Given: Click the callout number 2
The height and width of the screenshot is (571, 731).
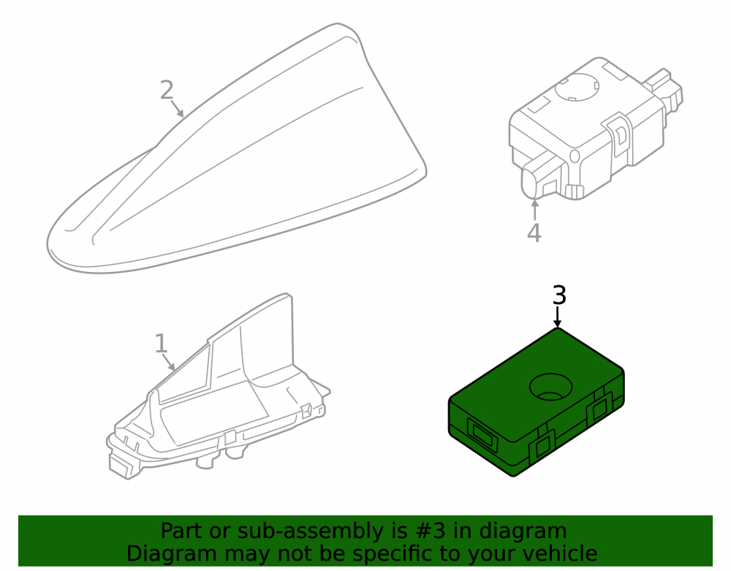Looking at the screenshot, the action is (167, 90).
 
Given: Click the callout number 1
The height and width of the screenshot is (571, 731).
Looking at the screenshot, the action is (161, 344).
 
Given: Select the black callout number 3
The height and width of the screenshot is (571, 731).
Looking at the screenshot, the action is (559, 295).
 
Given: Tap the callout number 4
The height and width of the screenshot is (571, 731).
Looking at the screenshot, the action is (534, 232).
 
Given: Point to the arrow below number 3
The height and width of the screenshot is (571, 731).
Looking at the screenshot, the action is (557, 317).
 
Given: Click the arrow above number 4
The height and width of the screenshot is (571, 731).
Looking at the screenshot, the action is (535, 209).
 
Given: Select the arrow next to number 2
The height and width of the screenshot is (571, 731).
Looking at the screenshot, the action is (178, 109).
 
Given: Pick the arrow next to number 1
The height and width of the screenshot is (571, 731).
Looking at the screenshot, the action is (169, 362).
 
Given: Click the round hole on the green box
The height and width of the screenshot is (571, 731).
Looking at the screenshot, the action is (550, 387).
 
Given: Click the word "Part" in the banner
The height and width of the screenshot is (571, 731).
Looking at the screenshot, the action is (182, 531).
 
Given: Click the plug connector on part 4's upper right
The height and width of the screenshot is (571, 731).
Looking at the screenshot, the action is (664, 89).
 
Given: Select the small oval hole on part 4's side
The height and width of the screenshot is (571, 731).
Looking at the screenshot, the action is (575, 156).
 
